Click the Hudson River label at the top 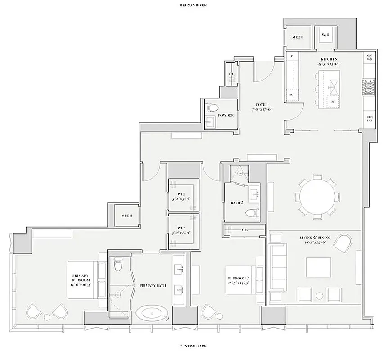193,5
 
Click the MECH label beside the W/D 298,37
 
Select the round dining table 318,197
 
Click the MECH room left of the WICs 126,216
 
